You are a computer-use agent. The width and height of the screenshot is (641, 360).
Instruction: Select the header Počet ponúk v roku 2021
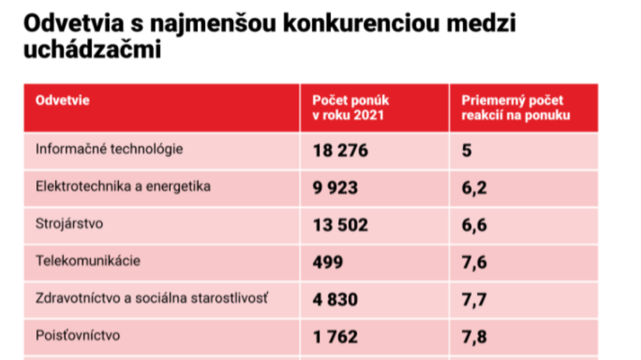click(350, 107)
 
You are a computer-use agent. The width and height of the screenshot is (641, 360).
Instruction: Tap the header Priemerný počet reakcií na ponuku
click(512, 107)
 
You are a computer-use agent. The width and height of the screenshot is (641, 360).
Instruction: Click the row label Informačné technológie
click(110, 149)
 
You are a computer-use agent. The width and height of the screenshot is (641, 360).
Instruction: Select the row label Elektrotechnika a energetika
click(123, 187)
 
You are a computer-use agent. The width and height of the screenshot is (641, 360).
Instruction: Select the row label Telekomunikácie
click(88, 260)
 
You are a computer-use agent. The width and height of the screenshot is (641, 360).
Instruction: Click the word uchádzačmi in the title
click(92, 51)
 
